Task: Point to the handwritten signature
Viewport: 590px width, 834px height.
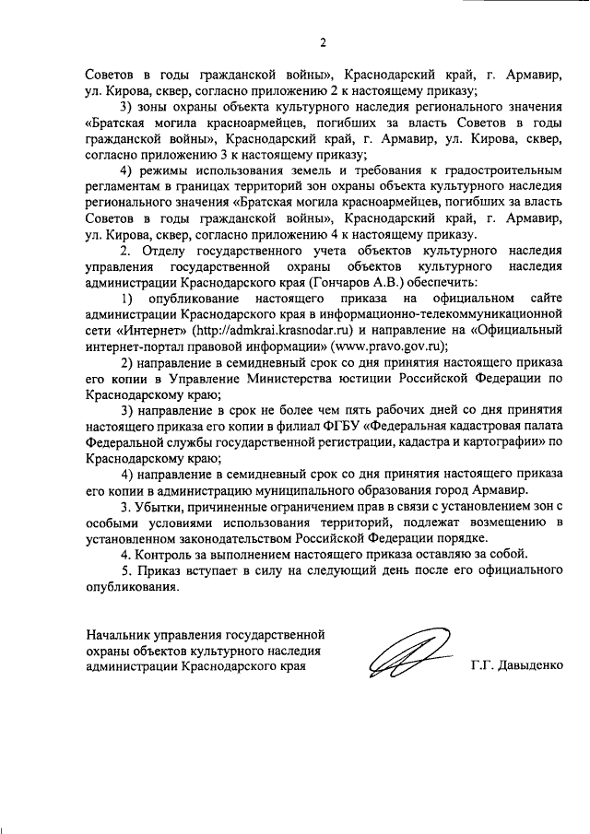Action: coord(406,658)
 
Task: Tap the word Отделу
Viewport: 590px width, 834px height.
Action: coord(161,250)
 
